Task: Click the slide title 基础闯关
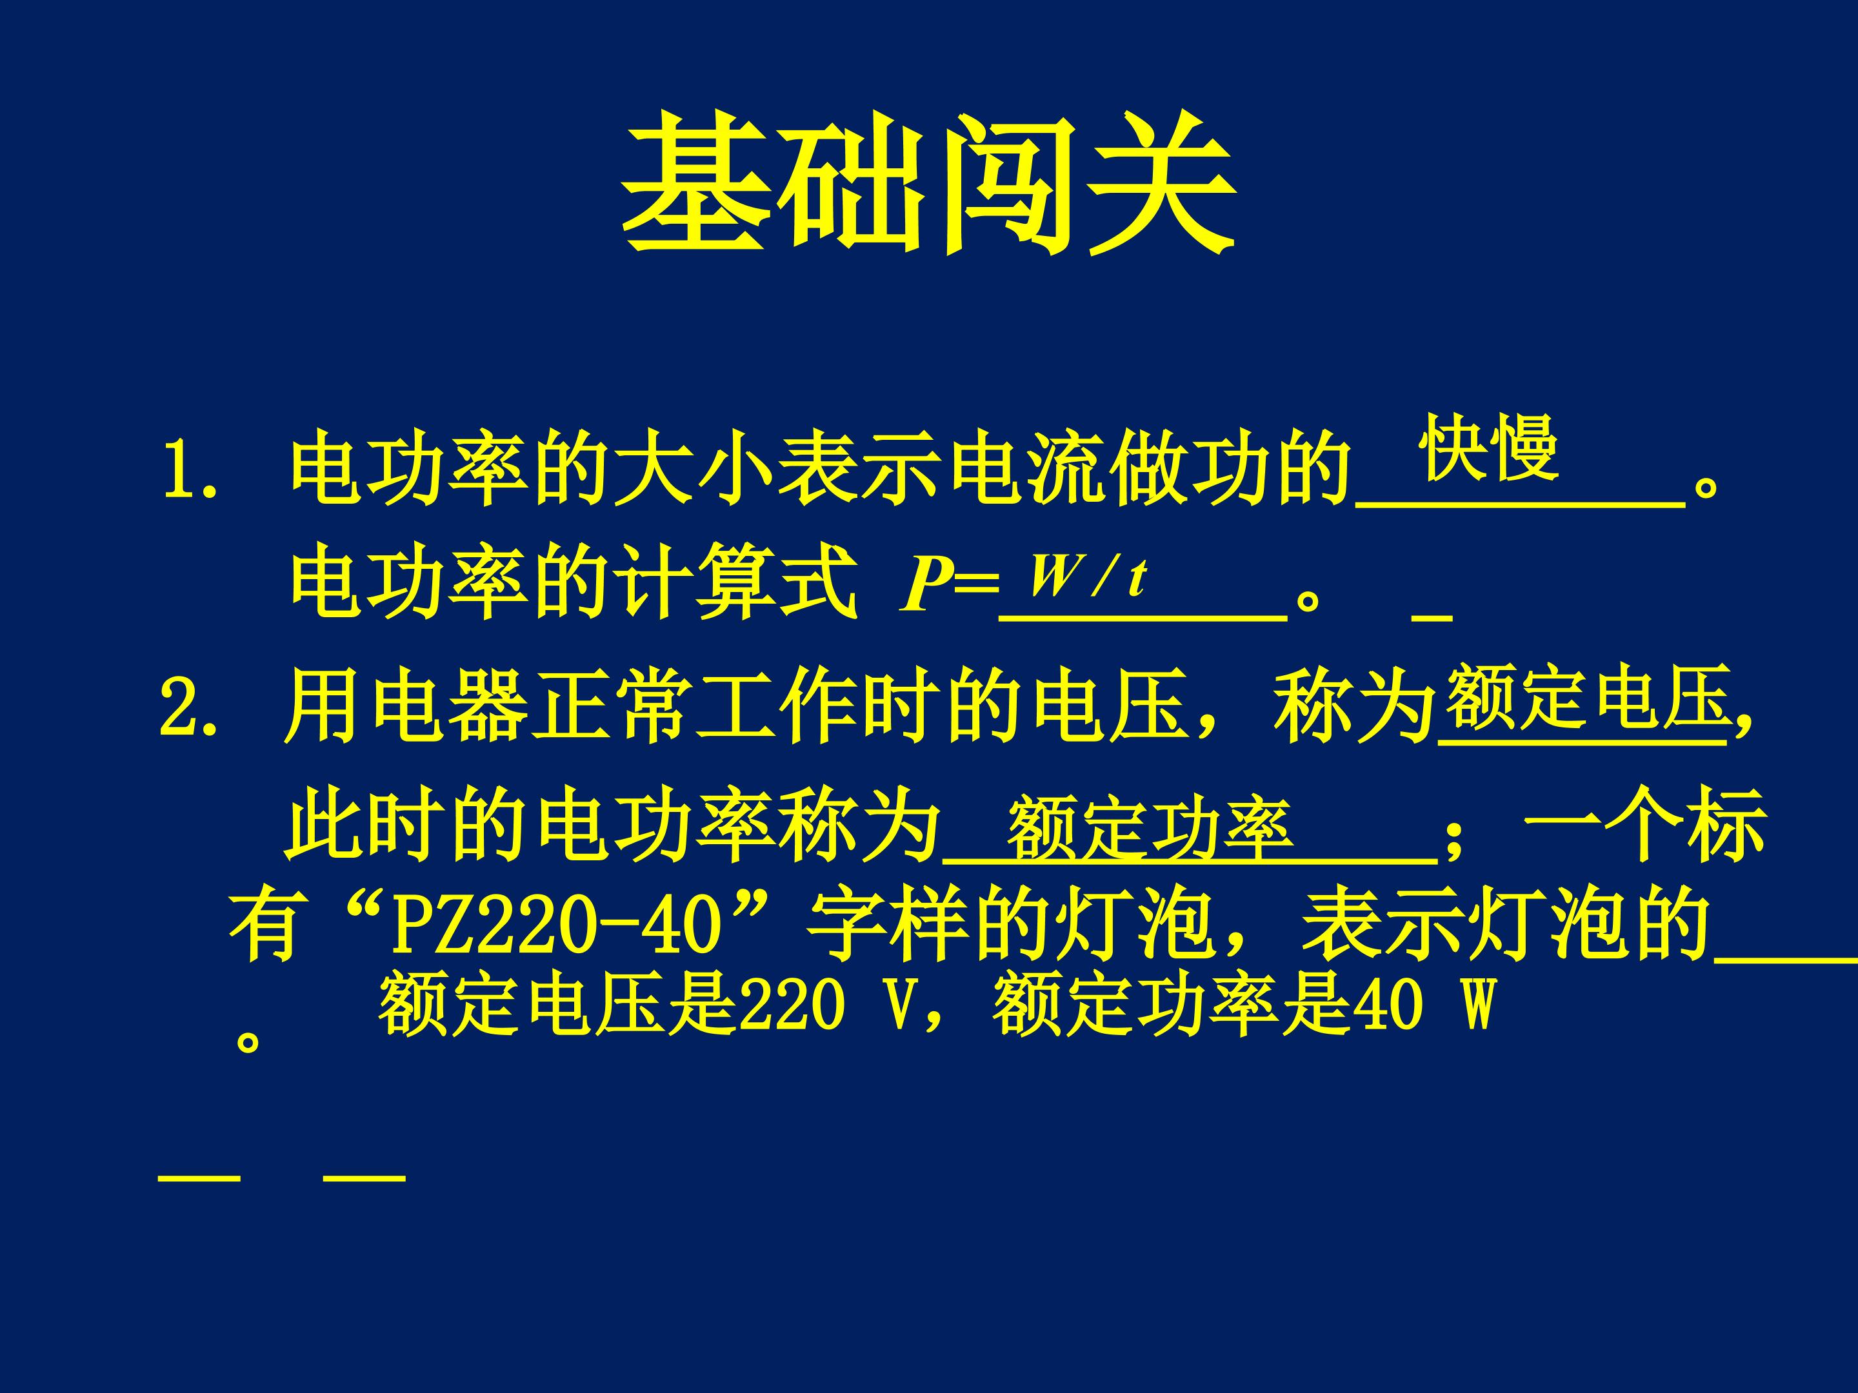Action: click(928, 184)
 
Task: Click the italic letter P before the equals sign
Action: click(924, 585)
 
